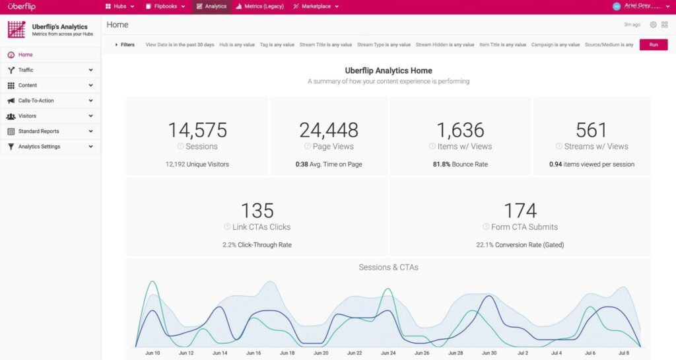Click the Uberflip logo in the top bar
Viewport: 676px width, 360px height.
21,7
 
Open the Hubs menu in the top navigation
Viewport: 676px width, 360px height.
119,7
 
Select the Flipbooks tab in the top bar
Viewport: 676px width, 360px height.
165,7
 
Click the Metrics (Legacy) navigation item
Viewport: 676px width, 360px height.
260,7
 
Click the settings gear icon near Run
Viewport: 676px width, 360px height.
653,24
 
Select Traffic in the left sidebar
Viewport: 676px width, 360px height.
26,70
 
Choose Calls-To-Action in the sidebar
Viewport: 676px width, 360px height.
36,100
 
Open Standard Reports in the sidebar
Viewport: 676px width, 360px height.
38,131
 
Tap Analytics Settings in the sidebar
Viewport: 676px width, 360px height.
39,147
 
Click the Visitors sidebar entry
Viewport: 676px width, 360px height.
27,116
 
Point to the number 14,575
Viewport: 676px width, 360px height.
197,130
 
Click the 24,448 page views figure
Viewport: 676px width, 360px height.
329,130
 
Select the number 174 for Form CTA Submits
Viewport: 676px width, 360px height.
520,211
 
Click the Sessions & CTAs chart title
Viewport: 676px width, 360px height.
388,268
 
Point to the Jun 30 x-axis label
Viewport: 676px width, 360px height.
489,353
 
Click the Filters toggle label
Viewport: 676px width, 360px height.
127,45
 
